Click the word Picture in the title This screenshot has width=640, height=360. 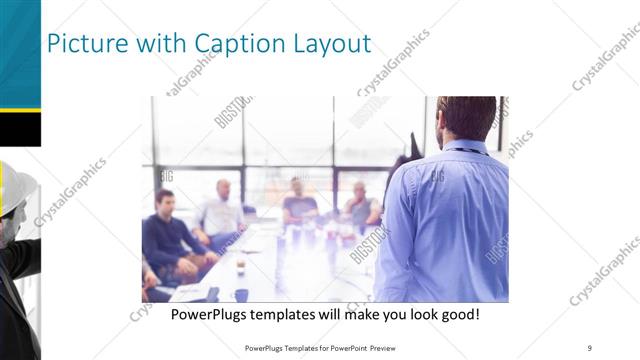tap(84, 44)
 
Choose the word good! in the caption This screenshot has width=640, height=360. tap(457, 314)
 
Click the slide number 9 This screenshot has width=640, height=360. tap(589, 347)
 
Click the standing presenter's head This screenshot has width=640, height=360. tap(467, 118)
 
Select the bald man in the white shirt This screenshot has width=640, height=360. tap(222, 208)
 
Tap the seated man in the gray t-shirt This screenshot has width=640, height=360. tap(299, 200)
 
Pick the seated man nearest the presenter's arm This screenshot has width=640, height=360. tap(362, 205)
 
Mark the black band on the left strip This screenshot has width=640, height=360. tap(20, 128)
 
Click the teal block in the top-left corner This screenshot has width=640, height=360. tap(19, 50)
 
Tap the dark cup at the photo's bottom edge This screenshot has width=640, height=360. tap(241, 294)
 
